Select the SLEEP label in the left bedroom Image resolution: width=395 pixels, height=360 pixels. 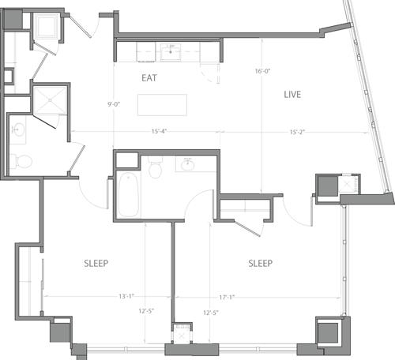tap(96, 263)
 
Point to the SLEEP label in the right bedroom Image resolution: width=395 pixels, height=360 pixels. tap(260, 263)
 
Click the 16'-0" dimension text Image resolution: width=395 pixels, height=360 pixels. tap(263, 70)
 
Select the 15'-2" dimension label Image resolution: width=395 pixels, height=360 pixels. tap(297, 131)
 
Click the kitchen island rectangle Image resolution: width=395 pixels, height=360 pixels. tap(162, 105)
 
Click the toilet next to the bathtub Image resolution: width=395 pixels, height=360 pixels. tap(156, 169)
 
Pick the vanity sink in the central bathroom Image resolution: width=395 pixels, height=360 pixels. tap(188, 165)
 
